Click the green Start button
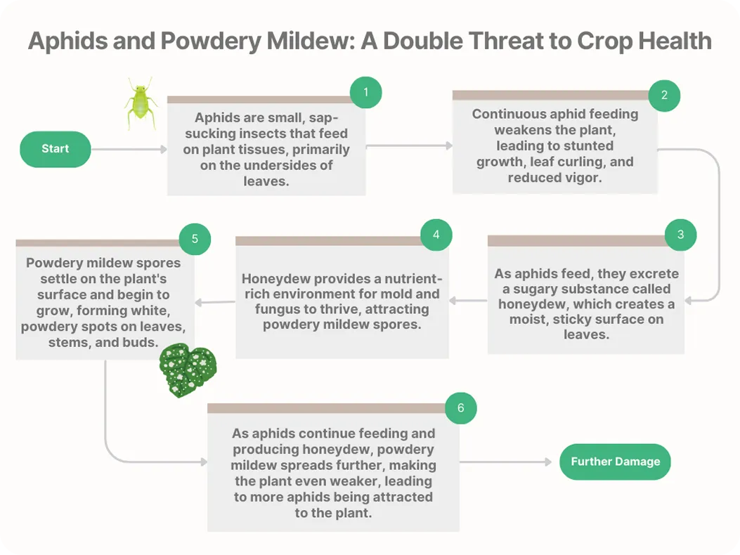point(56,149)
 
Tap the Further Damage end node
point(615,462)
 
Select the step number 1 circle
point(365,92)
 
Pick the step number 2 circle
point(664,95)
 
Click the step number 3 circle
point(680,235)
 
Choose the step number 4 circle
point(436,235)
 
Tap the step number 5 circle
point(195,239)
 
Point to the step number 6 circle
point(460,408)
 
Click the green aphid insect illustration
point(141,103)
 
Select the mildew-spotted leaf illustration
point(188,370)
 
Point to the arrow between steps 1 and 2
point(409,146)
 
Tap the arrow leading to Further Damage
point(506,462)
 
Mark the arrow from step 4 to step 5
point(215,303)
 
